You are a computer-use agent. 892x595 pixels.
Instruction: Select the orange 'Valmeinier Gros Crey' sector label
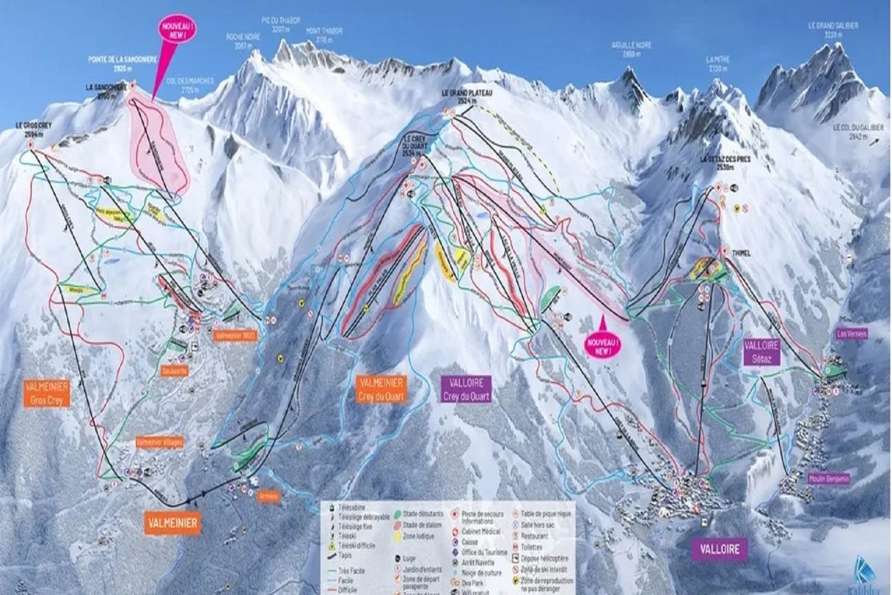(x=47, y=394)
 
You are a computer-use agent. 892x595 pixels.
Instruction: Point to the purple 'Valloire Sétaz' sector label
(x=761, y=351)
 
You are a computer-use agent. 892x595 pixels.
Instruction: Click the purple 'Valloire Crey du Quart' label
(x=467, y=389)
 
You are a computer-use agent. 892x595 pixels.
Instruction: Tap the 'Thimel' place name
(x=742, y=253)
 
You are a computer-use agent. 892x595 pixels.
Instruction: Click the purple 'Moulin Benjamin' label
(x=829, y=478)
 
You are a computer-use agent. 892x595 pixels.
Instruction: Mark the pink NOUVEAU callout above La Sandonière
(x=168, y=28)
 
